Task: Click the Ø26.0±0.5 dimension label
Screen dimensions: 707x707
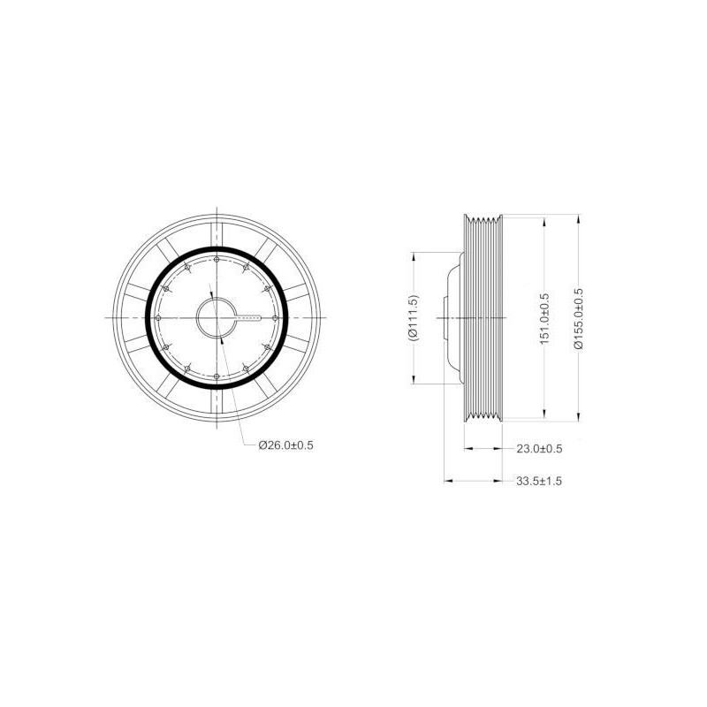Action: tap(285, 445)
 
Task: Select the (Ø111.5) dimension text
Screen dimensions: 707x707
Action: tap(413, 317)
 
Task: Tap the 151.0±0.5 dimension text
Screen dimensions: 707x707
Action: tap(544, 319)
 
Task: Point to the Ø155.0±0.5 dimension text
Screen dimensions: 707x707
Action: tap(579, 318)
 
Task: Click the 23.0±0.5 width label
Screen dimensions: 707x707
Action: tap(539, 449)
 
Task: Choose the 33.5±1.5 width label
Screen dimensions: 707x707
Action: tap(539, 481)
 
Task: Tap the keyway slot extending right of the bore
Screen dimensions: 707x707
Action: tap(248, 318)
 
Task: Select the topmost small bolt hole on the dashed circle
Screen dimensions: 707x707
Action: tap(217, 260)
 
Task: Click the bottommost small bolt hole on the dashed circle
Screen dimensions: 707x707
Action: tap(217, 376)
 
